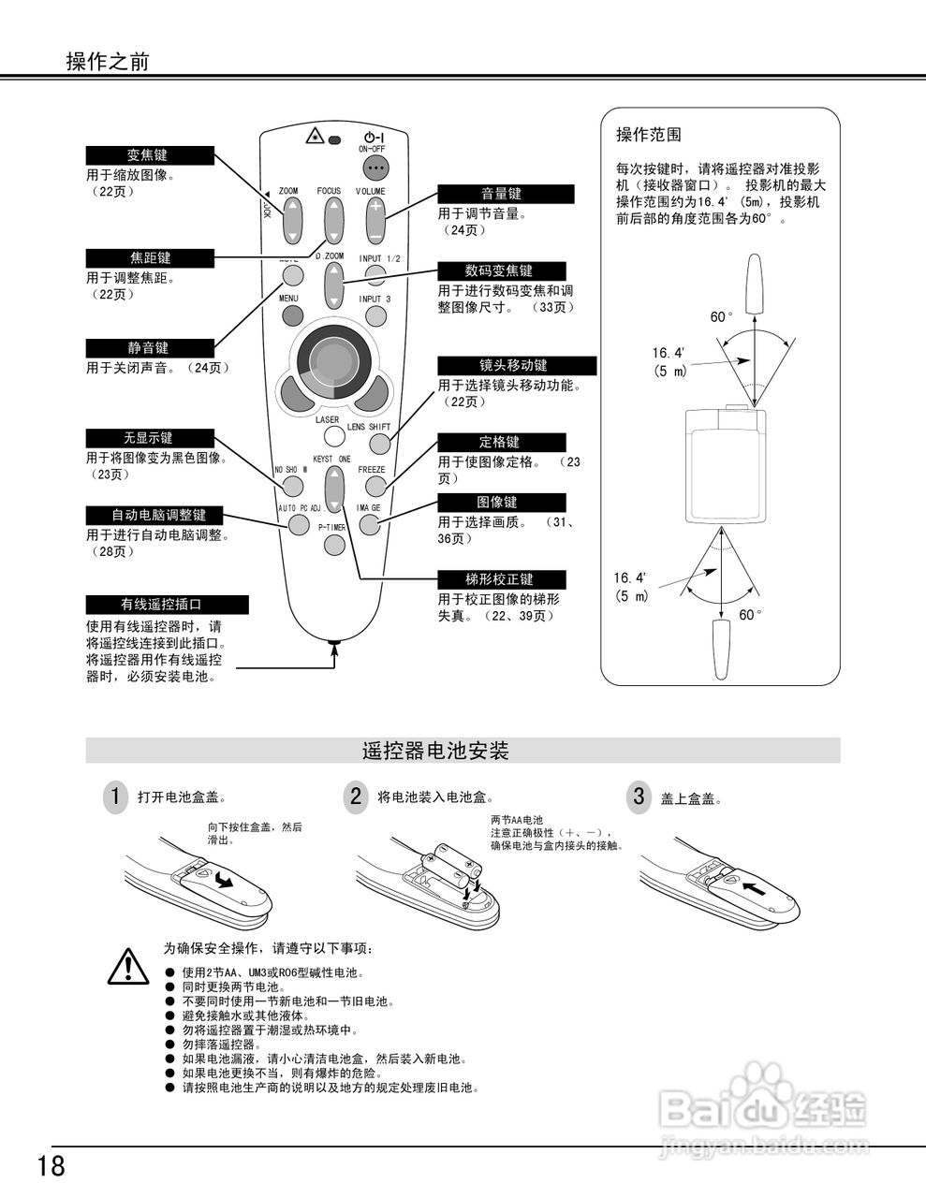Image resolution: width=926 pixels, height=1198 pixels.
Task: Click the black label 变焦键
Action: click(150, 155)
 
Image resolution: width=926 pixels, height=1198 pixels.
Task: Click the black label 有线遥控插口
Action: click(167, 605)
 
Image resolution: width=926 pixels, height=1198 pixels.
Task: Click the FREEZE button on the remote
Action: click(375, 486)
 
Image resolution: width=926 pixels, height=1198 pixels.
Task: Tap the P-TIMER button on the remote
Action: click(333, 543)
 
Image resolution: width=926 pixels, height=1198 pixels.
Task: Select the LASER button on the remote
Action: click(330, 436)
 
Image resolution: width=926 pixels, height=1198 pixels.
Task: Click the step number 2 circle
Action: click(355, 797)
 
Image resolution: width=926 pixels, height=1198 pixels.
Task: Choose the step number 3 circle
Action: click(639, 797)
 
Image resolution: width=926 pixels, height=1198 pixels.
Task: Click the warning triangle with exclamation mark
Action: click(126, 966)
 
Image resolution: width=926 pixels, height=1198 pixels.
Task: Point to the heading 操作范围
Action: click(648, 135)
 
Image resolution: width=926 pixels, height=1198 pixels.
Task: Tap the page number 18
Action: click(51, 1166)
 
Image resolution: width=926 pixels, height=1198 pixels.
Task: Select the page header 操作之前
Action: click(107, 62)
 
